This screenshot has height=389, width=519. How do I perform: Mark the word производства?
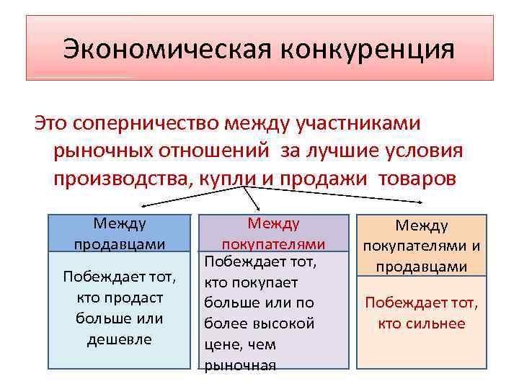pos(119,178)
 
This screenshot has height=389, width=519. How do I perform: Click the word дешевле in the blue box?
pos(120,339)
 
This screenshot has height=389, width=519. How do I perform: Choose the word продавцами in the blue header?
pos(120,244)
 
